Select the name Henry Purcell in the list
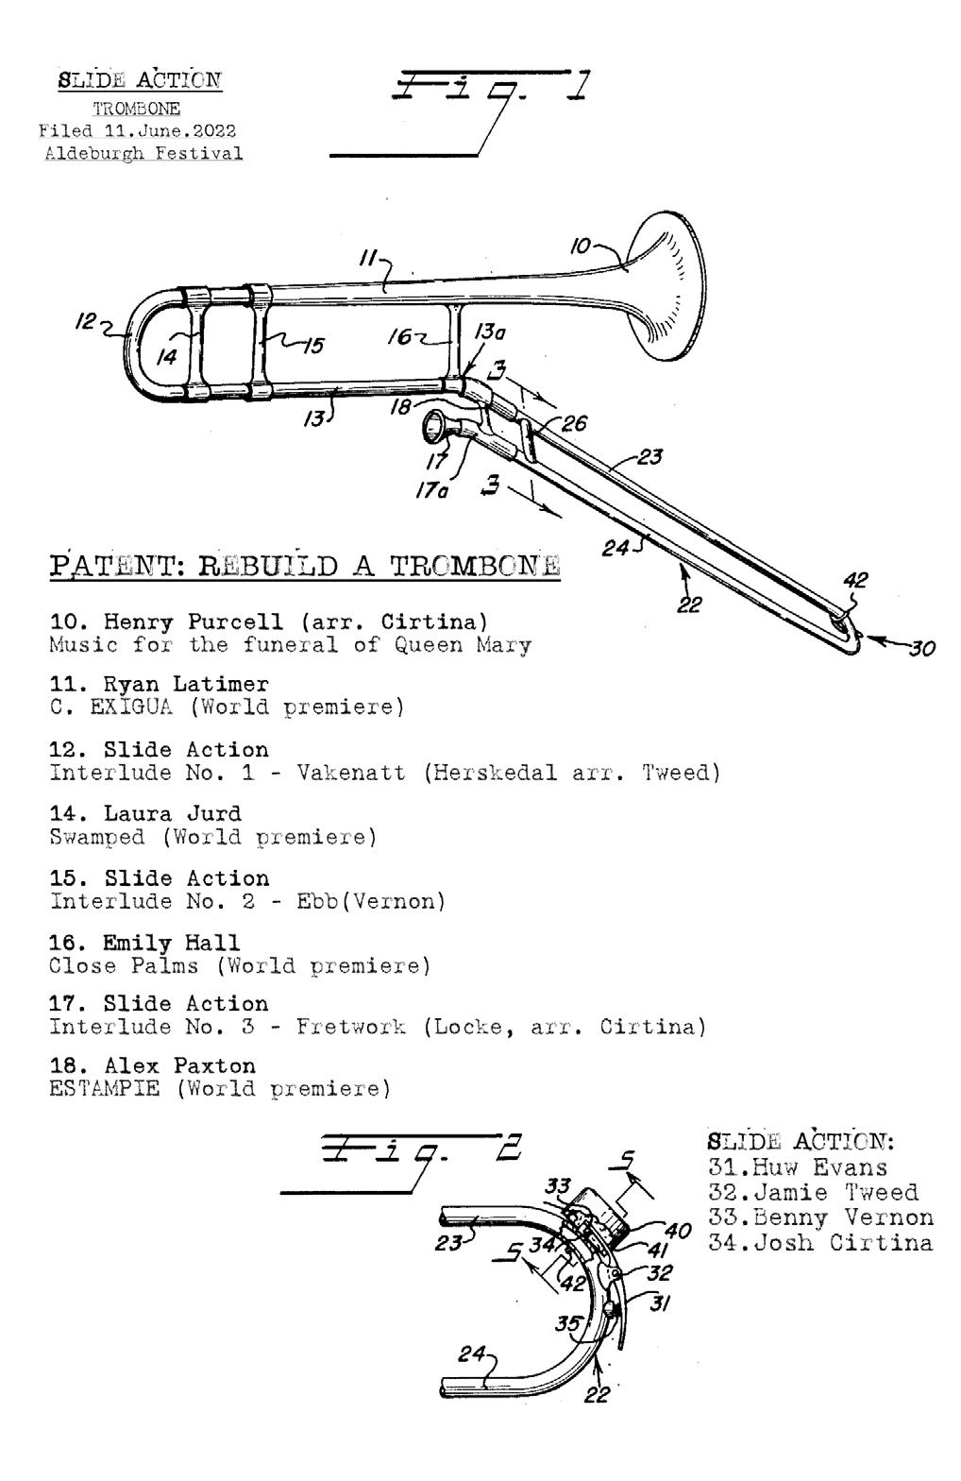click(194, 622)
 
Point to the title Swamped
click(97, 837)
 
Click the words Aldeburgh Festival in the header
click(143, 153)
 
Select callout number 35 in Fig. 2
click(567, 1324)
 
